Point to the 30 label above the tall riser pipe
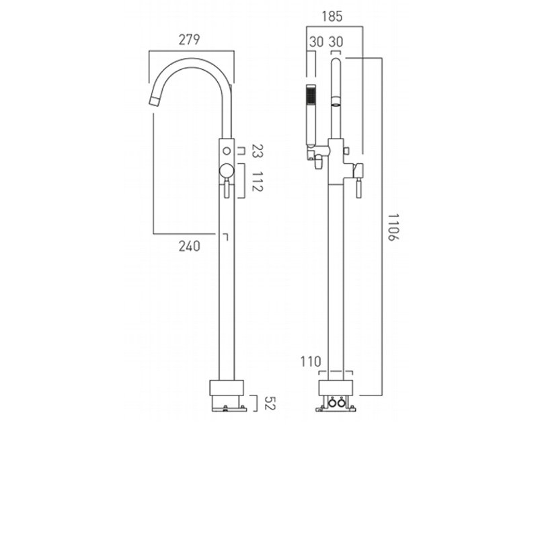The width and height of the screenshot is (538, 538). (x=337, y=42)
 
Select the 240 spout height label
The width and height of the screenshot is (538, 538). (x=190, y=246)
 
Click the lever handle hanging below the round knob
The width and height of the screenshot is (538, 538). (x=227, y=190)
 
